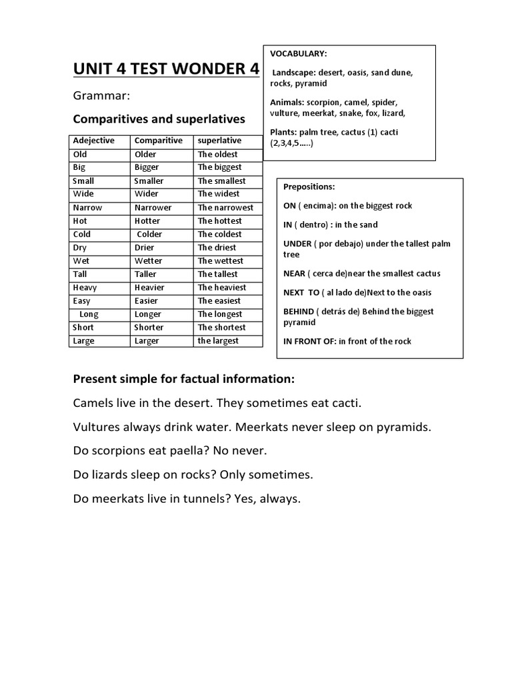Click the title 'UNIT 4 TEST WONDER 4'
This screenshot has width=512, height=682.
166,69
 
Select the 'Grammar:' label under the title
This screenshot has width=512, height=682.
101,97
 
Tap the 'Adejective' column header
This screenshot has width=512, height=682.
93,141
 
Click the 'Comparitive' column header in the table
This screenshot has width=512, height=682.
158,141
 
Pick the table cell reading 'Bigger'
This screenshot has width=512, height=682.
147,167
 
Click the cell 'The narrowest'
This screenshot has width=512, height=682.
225,207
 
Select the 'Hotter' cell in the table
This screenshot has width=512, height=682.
147,220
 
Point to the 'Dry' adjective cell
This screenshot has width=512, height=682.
80,247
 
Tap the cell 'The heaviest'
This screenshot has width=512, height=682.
221,287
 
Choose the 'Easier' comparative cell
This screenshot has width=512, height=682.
147,300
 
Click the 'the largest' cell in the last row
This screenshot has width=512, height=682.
218,340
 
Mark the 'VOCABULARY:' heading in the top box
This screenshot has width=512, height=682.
298,53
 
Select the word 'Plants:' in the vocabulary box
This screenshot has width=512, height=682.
284,133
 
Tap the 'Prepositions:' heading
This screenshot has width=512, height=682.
309,186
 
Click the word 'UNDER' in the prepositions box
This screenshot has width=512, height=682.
298,244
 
